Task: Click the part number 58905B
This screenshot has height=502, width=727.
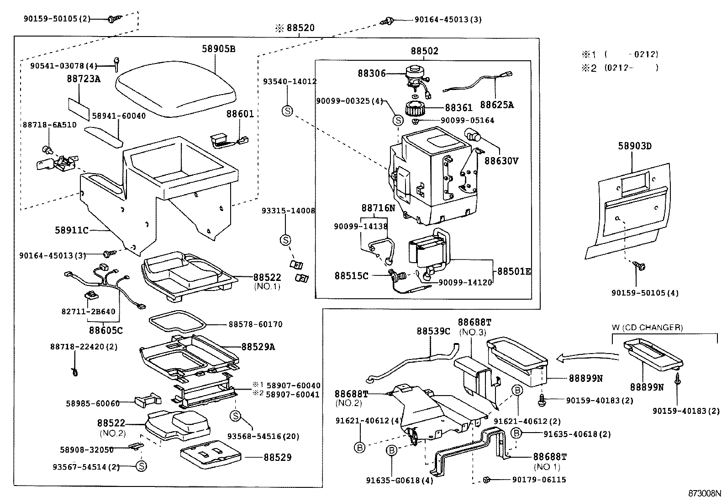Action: click(x=218, y=49)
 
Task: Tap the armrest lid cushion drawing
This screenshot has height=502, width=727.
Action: click(x=175, y=88)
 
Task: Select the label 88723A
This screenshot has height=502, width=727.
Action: click(x=84, y=79)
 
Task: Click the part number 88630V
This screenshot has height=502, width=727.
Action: click(x=501, y=161)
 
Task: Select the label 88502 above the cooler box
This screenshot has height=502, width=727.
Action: click(x=425, y=51)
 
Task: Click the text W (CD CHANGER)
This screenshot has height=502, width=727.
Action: click(x=647, y=328)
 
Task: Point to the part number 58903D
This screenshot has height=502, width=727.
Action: click(x=634, y=146)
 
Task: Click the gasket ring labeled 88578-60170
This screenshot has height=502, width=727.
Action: click(x=178, y=322)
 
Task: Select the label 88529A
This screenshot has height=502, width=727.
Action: click(x=258, y=347)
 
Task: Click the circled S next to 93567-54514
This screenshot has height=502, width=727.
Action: click(x=141, y=466)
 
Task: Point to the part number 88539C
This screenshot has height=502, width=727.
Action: click(x=434, y=331)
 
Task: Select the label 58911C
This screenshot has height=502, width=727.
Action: click(x=71, y=230)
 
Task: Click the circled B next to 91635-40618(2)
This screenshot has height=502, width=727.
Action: click(x=516, y=433)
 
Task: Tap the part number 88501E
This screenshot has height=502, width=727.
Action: click(x=514, y=271)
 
